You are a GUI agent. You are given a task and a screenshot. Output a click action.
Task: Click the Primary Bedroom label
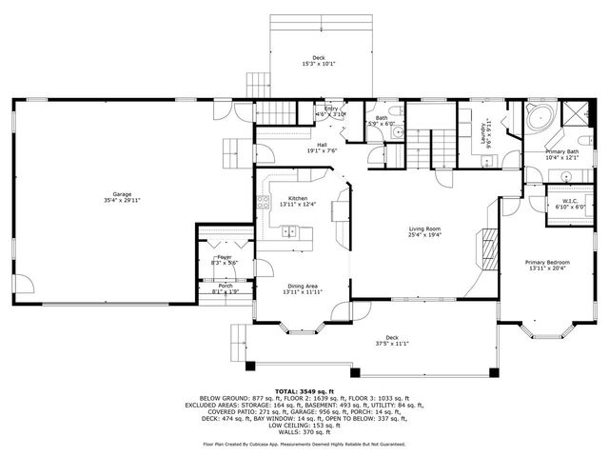(548, 262)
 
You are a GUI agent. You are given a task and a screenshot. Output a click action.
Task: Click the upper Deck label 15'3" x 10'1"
(319, 60)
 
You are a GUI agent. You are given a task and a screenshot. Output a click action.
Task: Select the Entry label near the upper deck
(331, 109)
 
